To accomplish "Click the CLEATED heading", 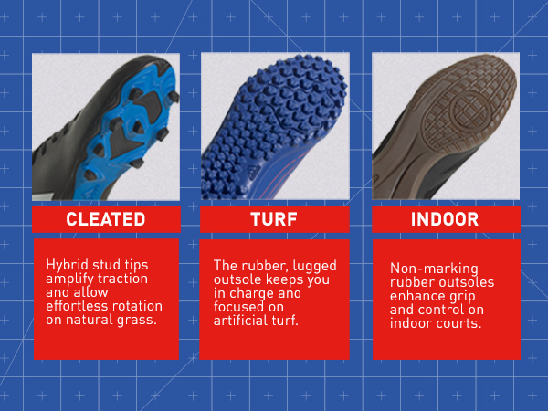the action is [x=106, y=219].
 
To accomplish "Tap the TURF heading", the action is [x=274, y=219].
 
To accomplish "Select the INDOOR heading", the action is [x=445, y=219].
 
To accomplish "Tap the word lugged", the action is [x=314, y=266].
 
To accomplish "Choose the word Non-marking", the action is [x=434, y=269].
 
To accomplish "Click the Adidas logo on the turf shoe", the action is [x=254, y=171].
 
